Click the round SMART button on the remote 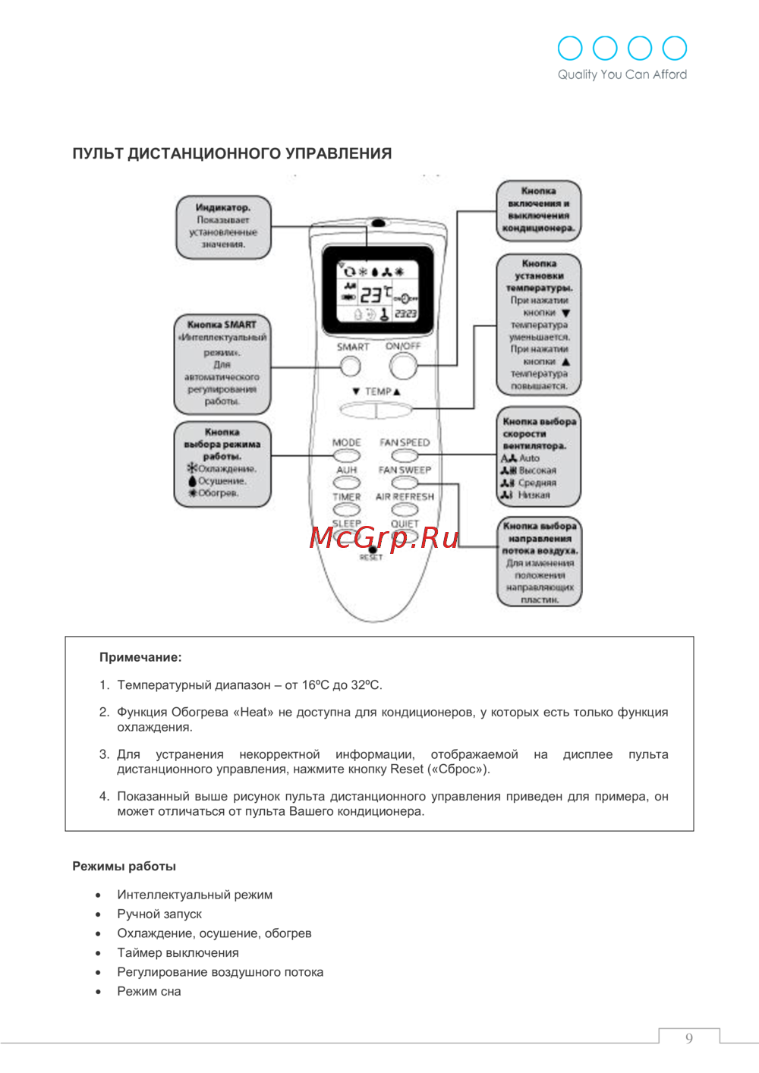(x=350, y=367)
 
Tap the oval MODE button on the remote (x=347, y=455)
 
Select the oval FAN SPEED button (x=405, y=455)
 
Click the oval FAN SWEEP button (x=405, y=483)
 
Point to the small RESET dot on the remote (x=372, y=549)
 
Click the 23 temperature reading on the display (x=371, y=294)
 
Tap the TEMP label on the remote (x=377, y=392)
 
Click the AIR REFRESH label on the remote (x=405, y=497)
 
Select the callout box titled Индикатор (x=223, y=226)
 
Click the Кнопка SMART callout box (x=222, y=363)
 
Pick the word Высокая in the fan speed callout (x=537, y=470)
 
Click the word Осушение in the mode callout (x=222, y=481)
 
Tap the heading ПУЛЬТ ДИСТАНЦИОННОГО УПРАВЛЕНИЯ (x=232, y=154)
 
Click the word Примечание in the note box (x=140, y=657)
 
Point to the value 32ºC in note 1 (x=366, y=685)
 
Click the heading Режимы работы (x=124, y=867)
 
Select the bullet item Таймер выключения (x=178, y=953)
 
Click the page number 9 (x=689, y=1038)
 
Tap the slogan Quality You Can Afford (x=622, y=74)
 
